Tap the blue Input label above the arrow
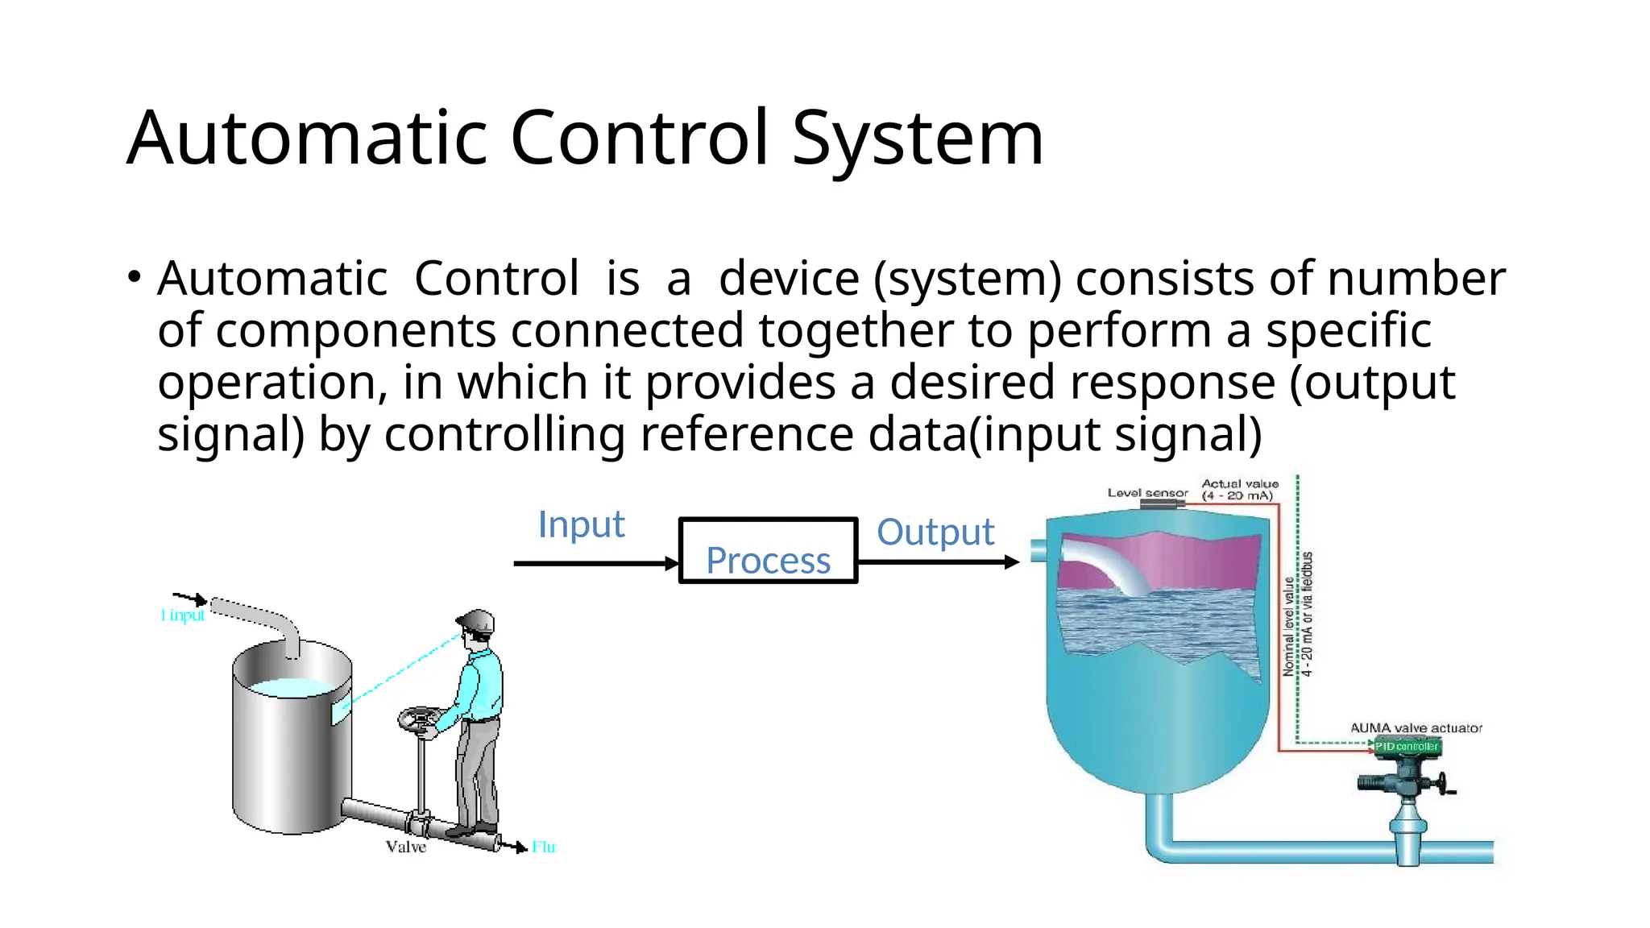click(x=581, y=524)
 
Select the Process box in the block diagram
click(x=768, y=551)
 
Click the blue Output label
click(x=935, y=532)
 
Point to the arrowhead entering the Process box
click(x=672, y=564)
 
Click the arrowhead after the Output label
click(x=1013, y=562)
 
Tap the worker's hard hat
click(x=476, y=621)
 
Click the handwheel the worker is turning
click(x=419, y=719)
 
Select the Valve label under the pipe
click(x=405, y=847)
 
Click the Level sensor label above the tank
click(x=1147, y=493)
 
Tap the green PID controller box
click(x=1407, y=747)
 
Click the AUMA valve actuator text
click(x=1416, y=728)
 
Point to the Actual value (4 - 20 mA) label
click(x=1239, y=490)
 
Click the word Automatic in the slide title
click(x=307, y=139)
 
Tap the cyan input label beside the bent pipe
click(x=183, y=615)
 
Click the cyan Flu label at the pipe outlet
click(x=544, y=847)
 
